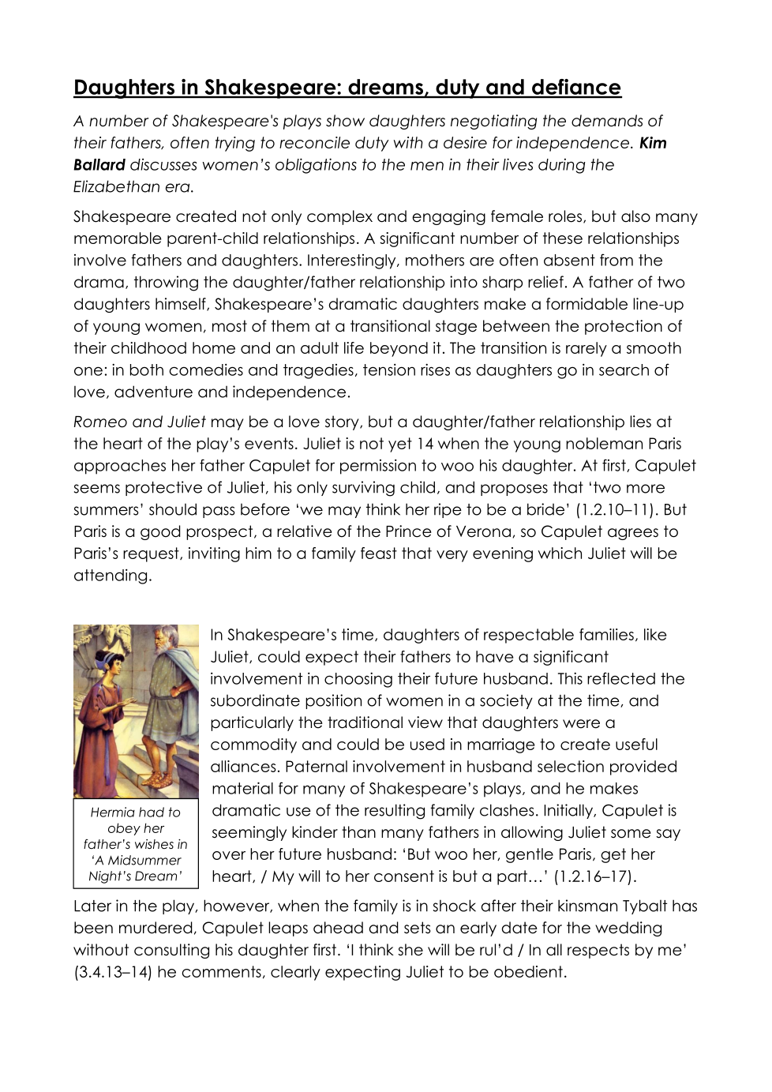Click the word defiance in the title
click(575, 87)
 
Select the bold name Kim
click(653, 143)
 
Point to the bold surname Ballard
click(99, 165)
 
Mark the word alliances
click(245, 767)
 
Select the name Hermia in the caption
click(112, 812)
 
